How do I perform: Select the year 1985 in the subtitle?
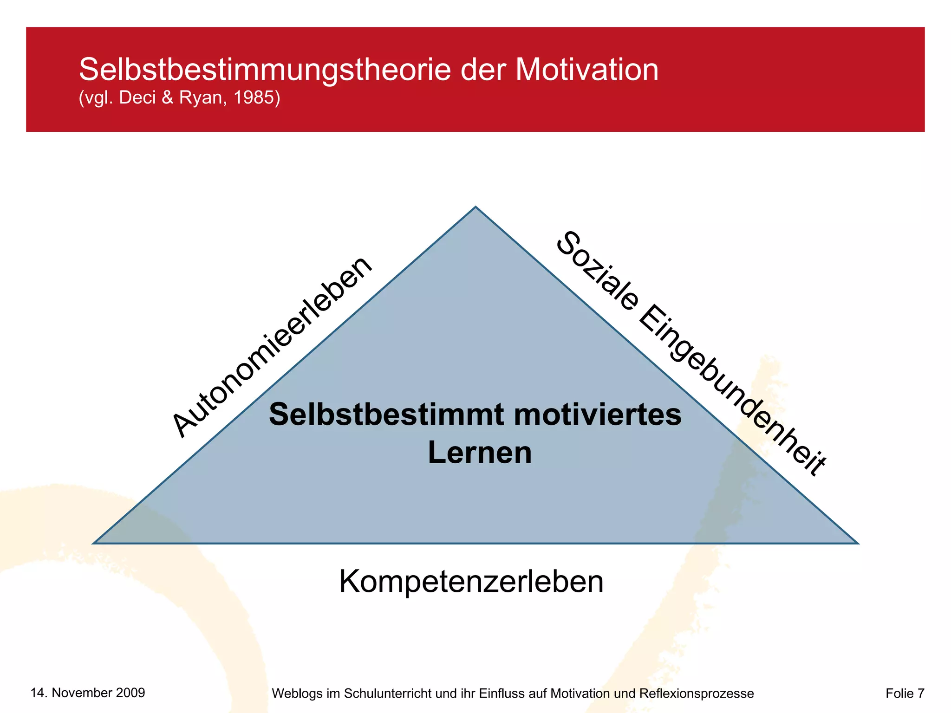click(x=254, y=97)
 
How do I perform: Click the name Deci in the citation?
click(x=137, y=97)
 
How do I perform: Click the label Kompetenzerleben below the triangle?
click(x=471, y=581)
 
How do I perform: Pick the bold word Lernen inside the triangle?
click(x=480, y=453)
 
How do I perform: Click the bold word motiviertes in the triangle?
click(x=598, y=414)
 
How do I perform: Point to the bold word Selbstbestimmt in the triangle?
click(x=386, y=414)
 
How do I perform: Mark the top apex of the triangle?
click(x=475, y=207)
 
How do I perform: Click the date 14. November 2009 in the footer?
click(x=88, y=693)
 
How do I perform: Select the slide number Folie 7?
click(x=905, y=693)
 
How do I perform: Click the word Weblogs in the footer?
click(x=297, y=694)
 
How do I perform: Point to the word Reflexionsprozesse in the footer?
click(x=697, y=694)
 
